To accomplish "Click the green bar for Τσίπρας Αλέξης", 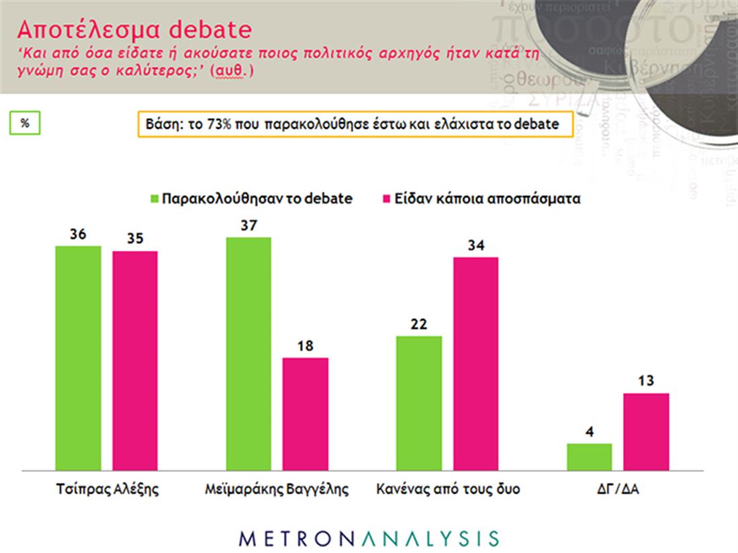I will [x=78, y=358].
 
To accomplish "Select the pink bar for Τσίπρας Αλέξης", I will [x=134, y=360].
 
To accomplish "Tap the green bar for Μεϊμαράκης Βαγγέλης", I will [x=248, y=353].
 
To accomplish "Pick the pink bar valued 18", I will [x=305, y=413].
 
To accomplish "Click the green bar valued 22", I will [x=418, y=403].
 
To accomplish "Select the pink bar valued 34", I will [x=475, y=363].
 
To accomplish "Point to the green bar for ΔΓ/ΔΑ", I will [x=589, y=456].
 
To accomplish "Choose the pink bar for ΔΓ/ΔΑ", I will [x=646, y=431].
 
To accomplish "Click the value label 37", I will [x=249, y=225].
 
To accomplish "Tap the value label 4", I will [x=590, y=432].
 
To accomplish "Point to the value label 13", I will [x=646, y=381].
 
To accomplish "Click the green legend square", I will [x=154, y=199].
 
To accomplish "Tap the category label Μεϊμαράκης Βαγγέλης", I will [x=277, y=489].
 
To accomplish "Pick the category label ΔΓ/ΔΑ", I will [x=618, y=489].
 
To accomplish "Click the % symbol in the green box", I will [x=25, y=123].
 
